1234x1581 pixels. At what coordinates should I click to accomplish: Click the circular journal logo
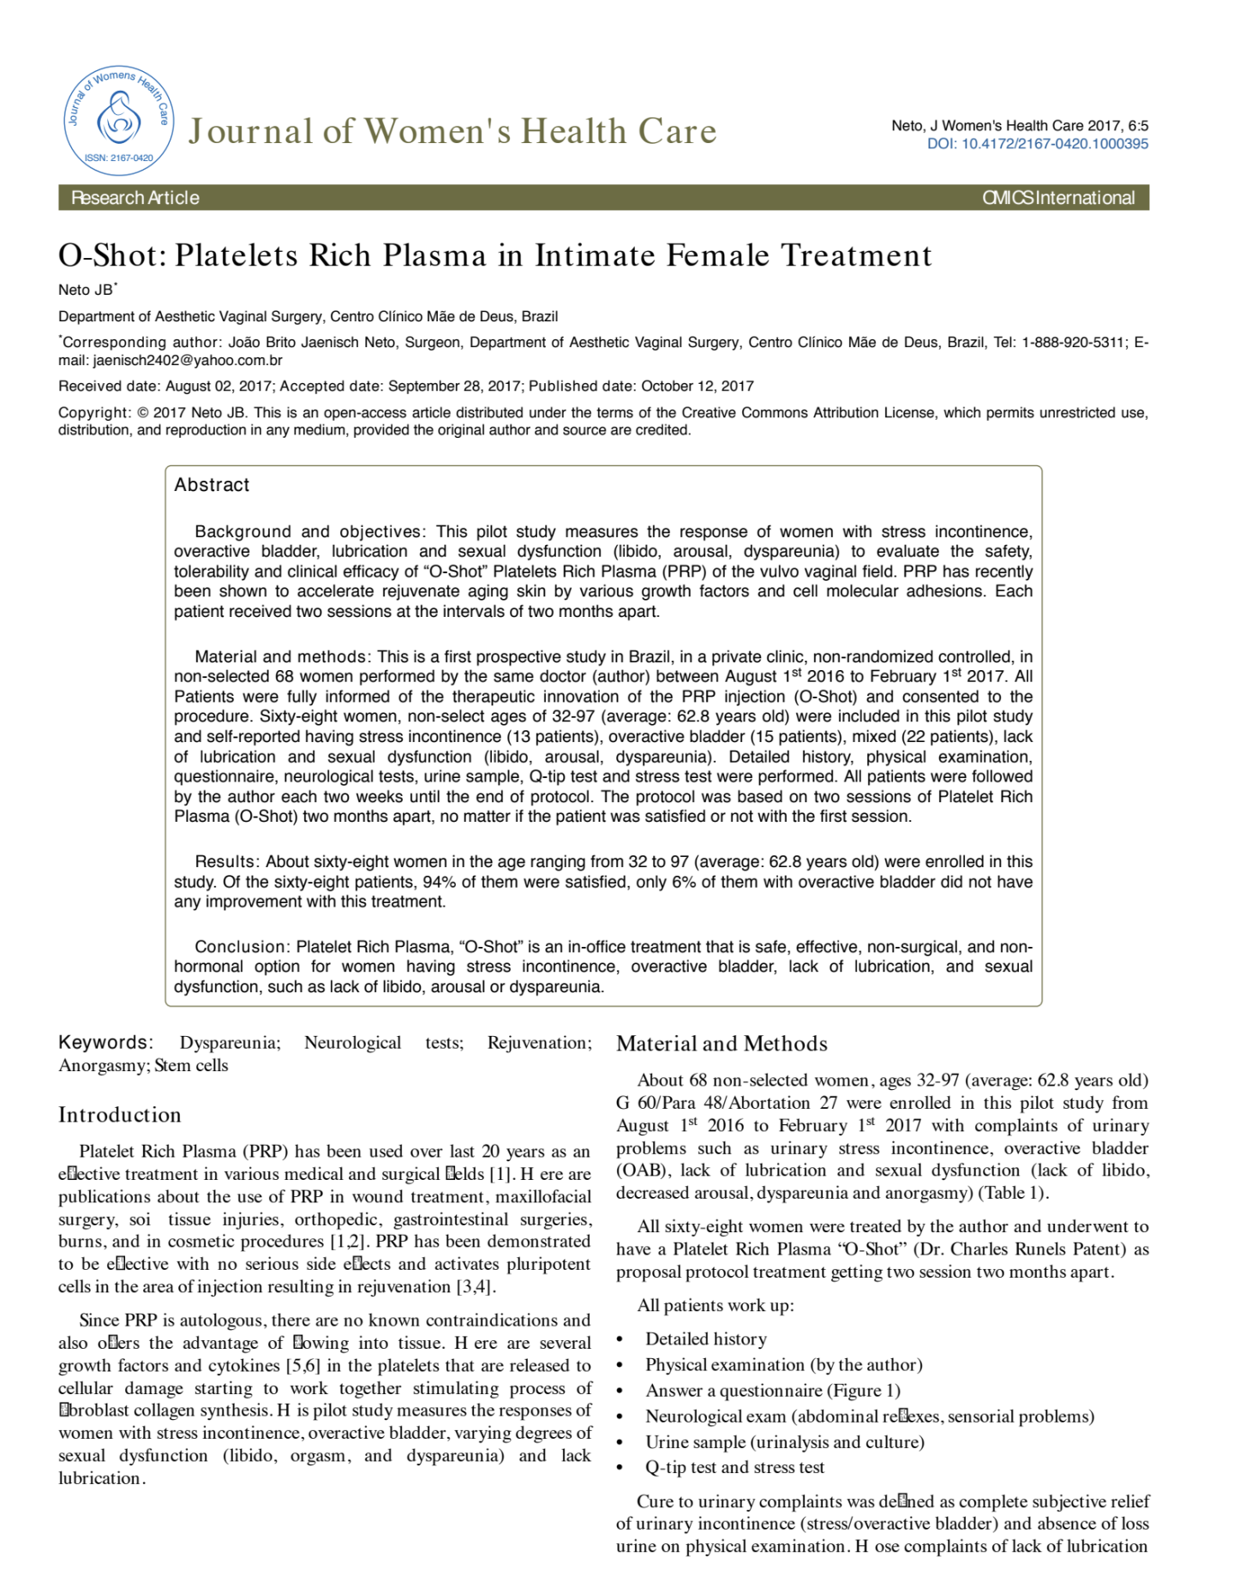pyautogui.click(x=118, y=120)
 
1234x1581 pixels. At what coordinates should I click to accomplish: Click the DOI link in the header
pyautogui.click(x=1037, y=144)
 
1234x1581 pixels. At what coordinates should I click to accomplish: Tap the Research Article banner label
pyautogui.click(x=135, y=198)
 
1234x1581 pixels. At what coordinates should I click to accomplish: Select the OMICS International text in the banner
pyautogui.click(x=1057, y=198)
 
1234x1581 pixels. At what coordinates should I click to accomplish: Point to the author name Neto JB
pyautogui.click(x=86, y=290)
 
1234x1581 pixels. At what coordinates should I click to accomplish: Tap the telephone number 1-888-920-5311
pyautogui.click(x=1073, y=343)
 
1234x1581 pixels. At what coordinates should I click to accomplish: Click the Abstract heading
pyautogui.click(x=212, y=485)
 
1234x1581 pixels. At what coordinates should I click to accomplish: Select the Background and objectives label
pyautogui.click(x=308, y=532)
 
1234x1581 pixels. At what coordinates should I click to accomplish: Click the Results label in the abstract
pyautogui.click(x=225, y=862)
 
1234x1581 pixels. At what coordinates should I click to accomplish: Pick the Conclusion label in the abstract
pyautogui.click(x=241, y=947)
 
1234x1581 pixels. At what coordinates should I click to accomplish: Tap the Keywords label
pyautogui.click(x=105, y=1043)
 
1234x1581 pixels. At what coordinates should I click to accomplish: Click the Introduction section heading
pyautogui.click(x=120, y=1115)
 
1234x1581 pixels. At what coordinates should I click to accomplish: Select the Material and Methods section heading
pyautogui.click(x=722, y=1044)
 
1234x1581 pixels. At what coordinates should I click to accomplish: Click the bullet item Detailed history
pyautogui.click(x=706, y=1339)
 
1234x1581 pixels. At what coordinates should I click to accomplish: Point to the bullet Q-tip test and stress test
pyautogui.click(x=734, y=1468)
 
